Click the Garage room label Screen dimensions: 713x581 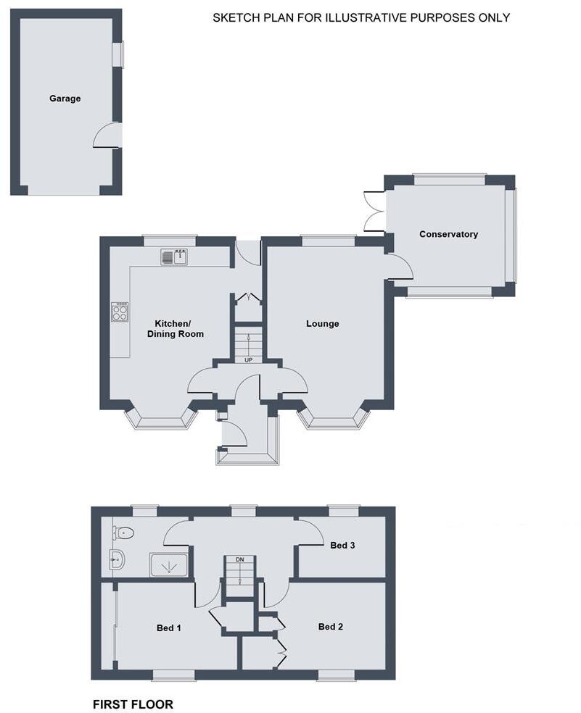65,99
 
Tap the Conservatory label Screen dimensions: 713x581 448,234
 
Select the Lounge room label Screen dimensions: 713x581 323,324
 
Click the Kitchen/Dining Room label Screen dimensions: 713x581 175,329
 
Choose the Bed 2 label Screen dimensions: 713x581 331,627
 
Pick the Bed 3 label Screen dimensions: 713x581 342,545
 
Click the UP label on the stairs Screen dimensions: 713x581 248,360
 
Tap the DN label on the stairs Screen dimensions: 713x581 239,560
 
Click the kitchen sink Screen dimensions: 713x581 174,257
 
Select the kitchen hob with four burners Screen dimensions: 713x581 120,312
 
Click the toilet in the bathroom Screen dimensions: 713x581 123,533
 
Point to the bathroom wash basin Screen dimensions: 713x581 117,559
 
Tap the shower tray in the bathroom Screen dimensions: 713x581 169,564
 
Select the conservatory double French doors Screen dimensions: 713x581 374,211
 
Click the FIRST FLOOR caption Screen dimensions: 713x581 133,704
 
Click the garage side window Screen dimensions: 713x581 118,55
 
